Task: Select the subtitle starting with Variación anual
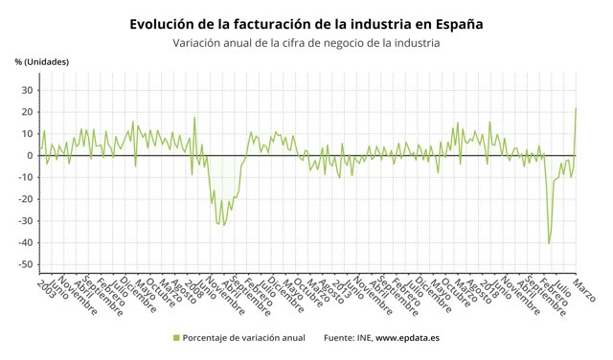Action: [306, 43]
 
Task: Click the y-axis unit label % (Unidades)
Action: [42, 62]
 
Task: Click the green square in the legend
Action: [175, 338]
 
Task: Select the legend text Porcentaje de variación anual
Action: [244, 338]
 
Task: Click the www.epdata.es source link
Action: [407, 338]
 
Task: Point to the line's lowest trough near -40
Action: [549, 243]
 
